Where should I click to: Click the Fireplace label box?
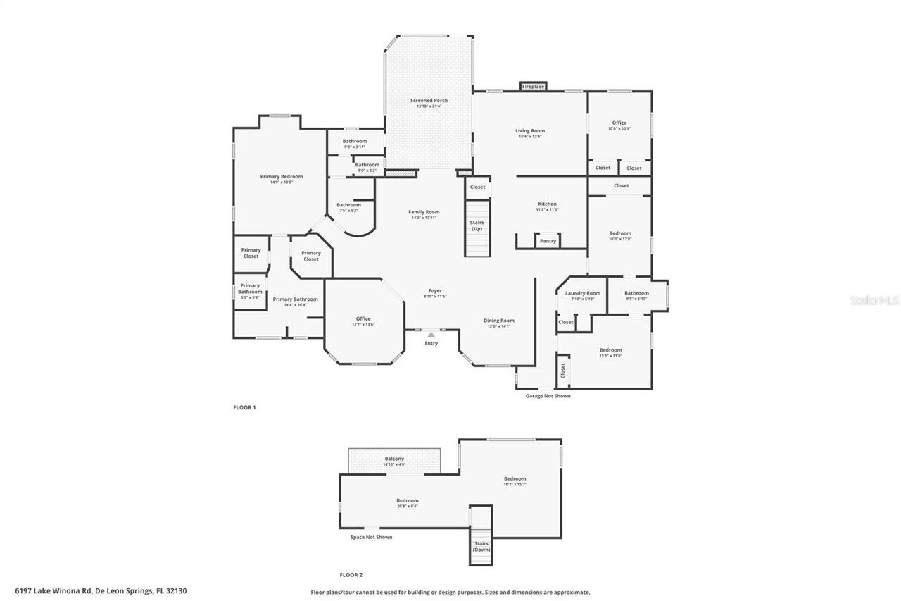click(533, 87)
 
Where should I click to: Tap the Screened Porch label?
click(429, 101)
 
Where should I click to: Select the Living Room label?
click(530, 131)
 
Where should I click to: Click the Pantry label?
click(548, 241)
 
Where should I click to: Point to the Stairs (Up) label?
click(477, 225)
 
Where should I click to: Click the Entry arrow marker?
click(431, 335)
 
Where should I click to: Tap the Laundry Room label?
click(582, 293)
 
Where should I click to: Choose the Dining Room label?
click(498, 321)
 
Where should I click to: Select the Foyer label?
click(435, 291)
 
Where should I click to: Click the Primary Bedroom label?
click(282, 177)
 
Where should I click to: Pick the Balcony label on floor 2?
click(394, 459)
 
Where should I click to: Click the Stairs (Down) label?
click(481, 546)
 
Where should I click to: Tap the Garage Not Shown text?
click(548, 396)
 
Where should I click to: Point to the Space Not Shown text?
click(371, 538)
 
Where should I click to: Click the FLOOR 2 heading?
click(351, 575)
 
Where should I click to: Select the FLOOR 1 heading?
click(244, 408)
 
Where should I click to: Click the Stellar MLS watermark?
click(875, 301)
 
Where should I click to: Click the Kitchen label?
click(547, 204)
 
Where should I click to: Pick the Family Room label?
click(424, 212)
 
